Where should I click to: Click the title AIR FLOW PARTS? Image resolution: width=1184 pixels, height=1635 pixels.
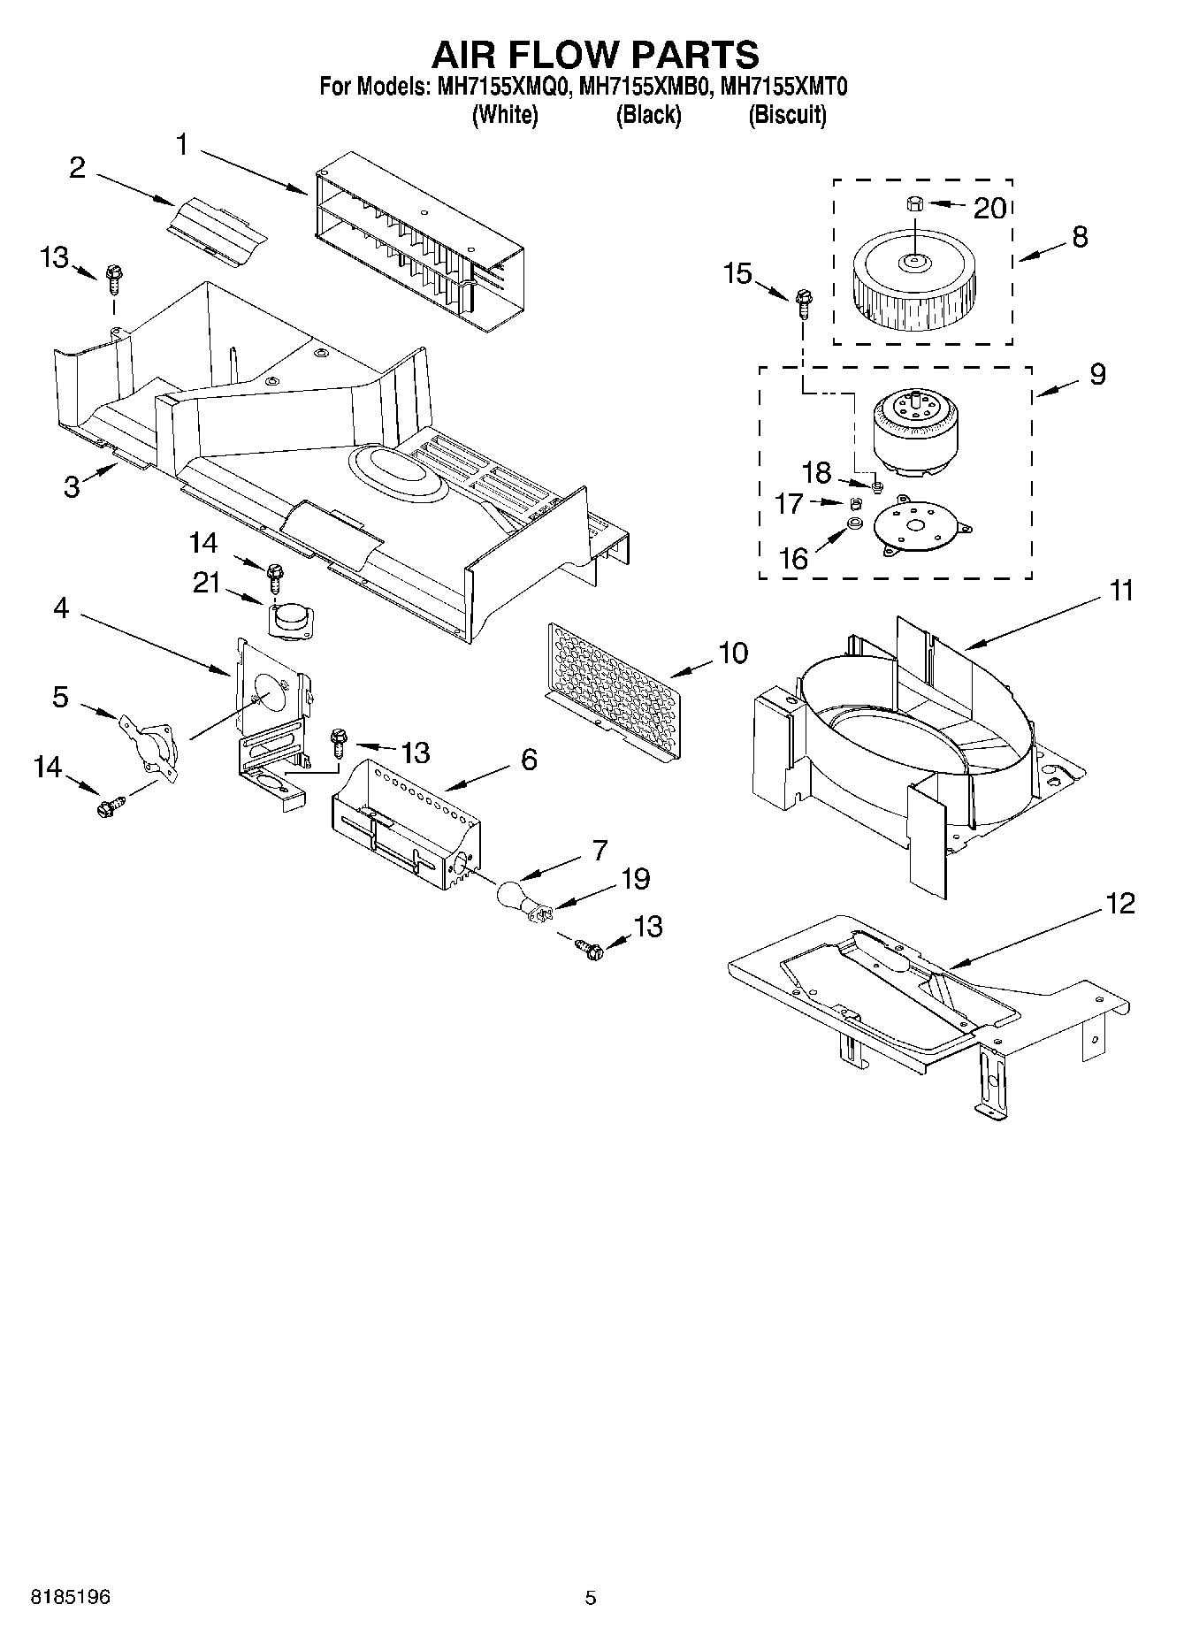click(x=594, y=54)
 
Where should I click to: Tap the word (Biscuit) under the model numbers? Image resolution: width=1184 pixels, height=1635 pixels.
click(x=786, y=115)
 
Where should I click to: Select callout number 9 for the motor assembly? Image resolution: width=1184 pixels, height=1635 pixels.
click(x=1096, y=374)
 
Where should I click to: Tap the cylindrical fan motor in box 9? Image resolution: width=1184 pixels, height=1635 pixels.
click(x=915, y=429)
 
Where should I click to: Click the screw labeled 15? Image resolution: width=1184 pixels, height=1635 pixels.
click(x=804, y=304)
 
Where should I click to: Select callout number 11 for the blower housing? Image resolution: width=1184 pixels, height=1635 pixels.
click(x=1120, y=590)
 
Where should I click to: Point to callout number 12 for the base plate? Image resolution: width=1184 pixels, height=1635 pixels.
click(x=1119, y=904)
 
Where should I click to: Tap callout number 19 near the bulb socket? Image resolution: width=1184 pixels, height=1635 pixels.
click(x=635, y=879)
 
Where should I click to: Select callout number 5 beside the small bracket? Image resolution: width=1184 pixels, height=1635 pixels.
click(x=59, y=697)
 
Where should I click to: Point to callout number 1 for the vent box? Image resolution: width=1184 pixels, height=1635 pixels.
click(x=182, y=144)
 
